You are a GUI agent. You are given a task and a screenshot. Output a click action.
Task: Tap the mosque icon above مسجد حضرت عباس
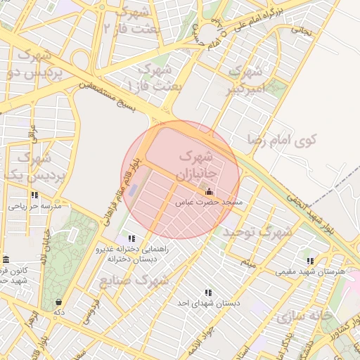tap(208, 191)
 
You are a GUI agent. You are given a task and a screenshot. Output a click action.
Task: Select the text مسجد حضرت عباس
tap(208, 202)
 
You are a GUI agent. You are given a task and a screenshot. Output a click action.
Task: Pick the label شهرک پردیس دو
tap(39, 64)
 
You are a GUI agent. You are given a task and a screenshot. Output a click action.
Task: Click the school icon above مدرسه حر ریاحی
tap(34, 195)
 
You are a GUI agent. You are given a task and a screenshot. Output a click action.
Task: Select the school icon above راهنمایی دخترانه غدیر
tap(131, 238)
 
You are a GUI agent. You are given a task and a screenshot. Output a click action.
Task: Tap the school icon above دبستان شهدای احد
tap(208, 292)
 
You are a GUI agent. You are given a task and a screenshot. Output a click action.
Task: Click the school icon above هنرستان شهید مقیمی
tap(310, 261)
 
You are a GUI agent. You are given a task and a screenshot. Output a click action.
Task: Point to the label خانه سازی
tap(304, 316)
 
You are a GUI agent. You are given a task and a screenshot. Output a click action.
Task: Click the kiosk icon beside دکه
tap(58, 302)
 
